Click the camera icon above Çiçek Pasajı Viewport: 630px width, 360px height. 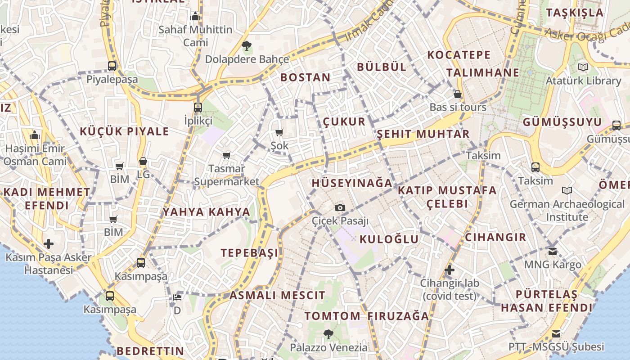point(340,207)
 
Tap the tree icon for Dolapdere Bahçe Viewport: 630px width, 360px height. point(246,45)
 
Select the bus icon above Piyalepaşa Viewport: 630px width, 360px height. point(112,66)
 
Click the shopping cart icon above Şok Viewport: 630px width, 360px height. point(279,133)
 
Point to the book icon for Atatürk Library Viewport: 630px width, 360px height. point(583,67)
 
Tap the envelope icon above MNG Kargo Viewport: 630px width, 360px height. point(553,251)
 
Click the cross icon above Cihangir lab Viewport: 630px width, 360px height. point(450,270)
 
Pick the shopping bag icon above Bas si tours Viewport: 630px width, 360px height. point(458,94)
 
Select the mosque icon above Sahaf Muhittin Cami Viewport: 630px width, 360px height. point(195,16)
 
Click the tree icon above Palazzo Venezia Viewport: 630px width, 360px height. point(328,334)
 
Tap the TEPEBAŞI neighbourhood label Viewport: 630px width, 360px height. point(250,253)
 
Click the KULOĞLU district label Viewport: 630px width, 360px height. point(389,239)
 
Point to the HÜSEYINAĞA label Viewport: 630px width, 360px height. point(352,183)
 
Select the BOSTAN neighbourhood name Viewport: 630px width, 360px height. point(306,77)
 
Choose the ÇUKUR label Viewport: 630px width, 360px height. point(344,122)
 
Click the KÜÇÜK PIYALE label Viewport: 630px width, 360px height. point(124,131)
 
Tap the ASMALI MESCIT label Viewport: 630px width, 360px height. point(277,296)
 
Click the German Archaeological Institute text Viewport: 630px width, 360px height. point(567,211)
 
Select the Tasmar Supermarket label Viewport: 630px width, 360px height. point(227,175)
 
